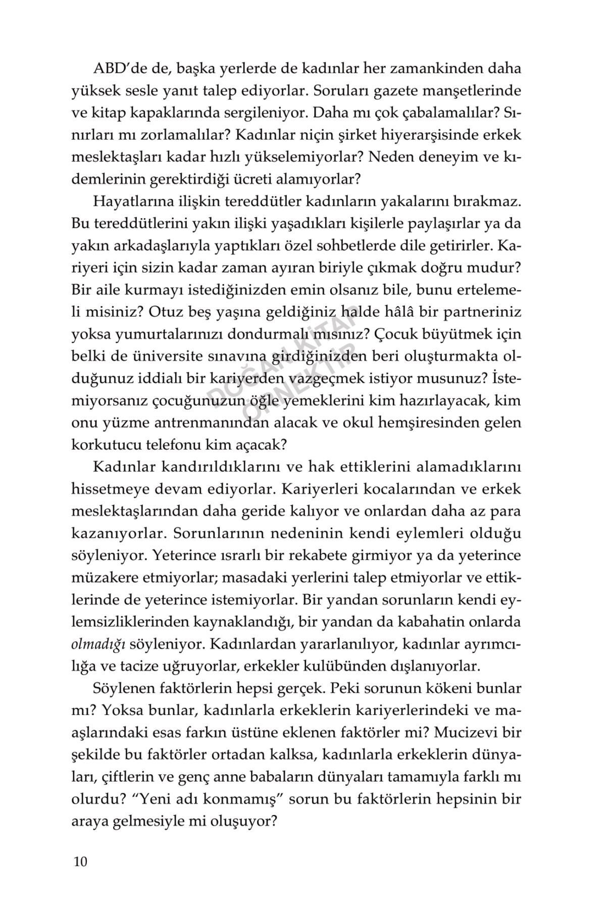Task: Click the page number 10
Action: coord(80,861)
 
